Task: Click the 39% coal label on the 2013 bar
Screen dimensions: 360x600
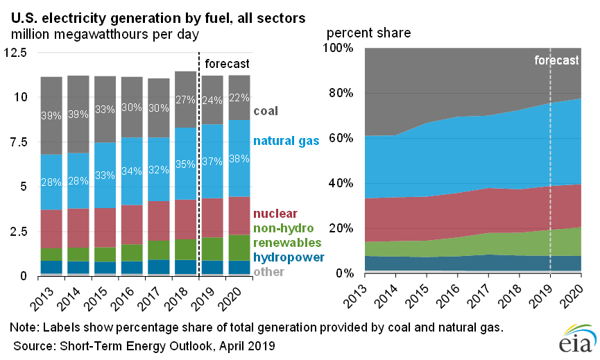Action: point(52,115)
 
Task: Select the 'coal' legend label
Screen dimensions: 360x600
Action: point(267,111)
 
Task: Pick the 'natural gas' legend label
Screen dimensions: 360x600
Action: point(286,141)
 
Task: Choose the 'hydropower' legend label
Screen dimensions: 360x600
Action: point(287,257)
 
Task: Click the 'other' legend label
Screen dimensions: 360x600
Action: point(268,272)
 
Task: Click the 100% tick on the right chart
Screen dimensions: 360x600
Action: point(338,48)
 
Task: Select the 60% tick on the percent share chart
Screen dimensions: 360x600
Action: point(341,138)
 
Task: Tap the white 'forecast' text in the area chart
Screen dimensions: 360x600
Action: point(556,60)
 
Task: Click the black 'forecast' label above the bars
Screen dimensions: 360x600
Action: point(227,65)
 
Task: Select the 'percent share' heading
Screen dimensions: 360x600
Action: point(368,33)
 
